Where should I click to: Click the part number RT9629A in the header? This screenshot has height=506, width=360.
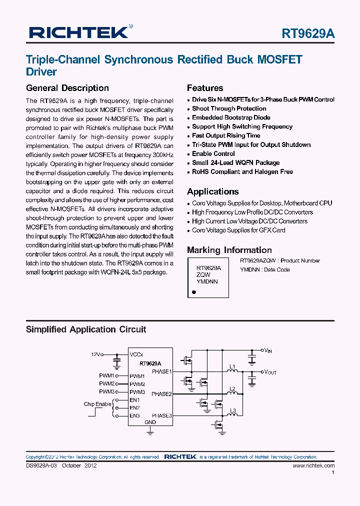pos(308,33)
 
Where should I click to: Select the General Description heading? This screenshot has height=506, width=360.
pos(67,88)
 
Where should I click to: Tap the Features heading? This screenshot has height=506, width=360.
pos(205,88)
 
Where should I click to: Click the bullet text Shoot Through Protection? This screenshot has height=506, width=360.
pos(229,108)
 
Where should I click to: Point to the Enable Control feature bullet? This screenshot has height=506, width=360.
pos(213,153)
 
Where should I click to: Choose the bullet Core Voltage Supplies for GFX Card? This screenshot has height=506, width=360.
pos(238,230)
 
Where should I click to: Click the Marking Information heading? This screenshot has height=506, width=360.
pos(229,250)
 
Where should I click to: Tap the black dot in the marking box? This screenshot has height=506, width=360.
pos(193,291)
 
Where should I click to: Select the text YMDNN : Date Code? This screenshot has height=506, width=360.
pos(264,269)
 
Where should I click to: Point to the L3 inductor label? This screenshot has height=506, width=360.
pos(232,411)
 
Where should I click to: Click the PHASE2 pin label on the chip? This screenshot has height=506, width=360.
pos(161,393)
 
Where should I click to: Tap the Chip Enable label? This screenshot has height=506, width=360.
pos(97,404)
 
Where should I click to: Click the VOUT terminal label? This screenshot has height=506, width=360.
pos(270,372)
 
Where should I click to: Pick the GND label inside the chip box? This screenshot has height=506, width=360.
pos(150,422)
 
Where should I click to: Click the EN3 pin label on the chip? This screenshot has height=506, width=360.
pos(134,415)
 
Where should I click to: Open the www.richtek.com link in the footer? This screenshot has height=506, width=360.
pos(313,465)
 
